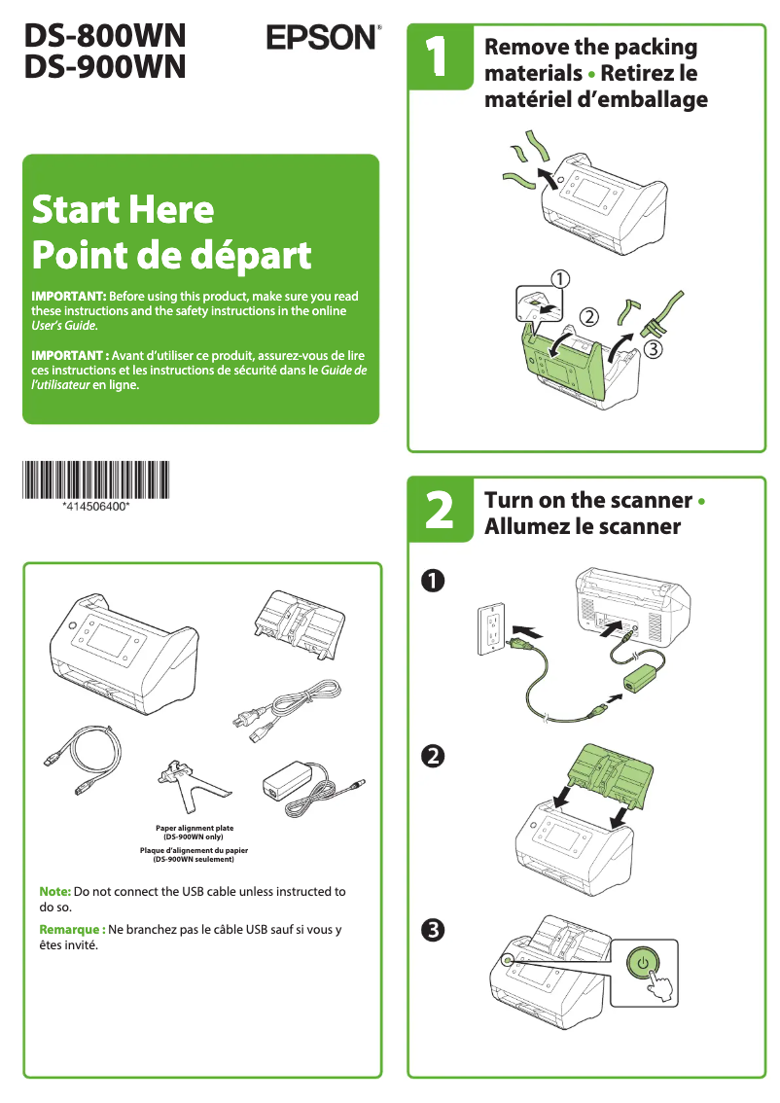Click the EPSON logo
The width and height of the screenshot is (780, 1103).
322,38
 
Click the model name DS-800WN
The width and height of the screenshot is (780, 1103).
105,36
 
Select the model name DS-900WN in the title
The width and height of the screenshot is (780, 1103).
105,66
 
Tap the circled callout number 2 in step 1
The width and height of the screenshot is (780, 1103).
589,316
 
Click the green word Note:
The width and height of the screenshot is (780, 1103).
54,891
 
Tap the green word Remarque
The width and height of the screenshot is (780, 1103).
72,929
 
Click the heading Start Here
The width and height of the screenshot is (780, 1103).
123,209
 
